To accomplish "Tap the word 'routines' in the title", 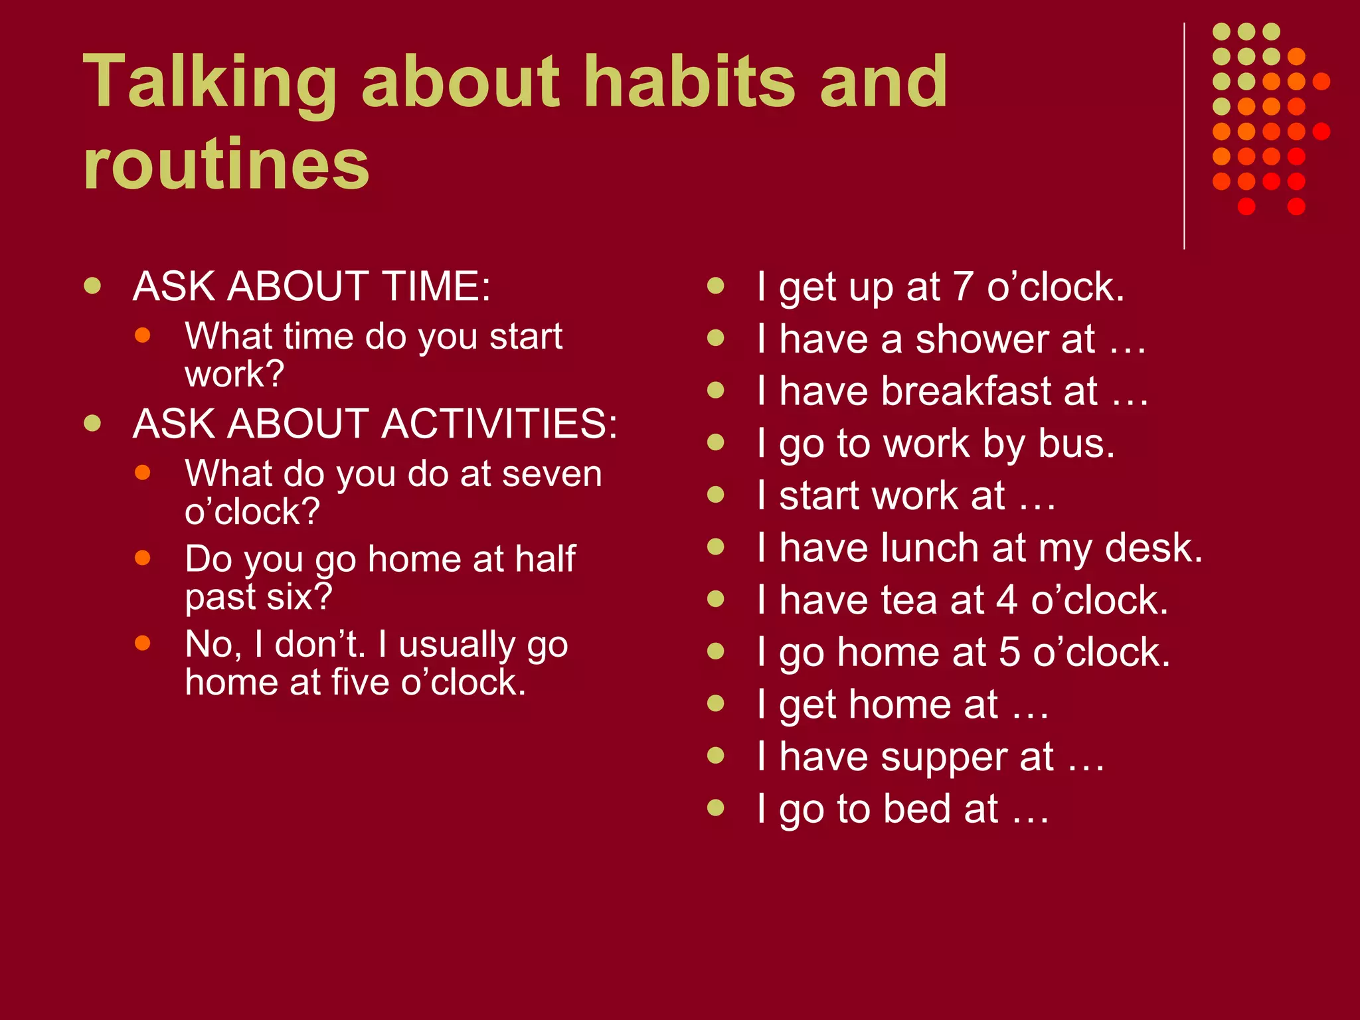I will pyautogui.click(x=226, y=164).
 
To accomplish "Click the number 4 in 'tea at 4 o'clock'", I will pyautogui.click(x=1007, y=600).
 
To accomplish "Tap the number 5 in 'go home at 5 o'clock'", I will pyautogui.click(x=1009, y=652).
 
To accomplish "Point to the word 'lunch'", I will pyautogui.click(x=930, y=549).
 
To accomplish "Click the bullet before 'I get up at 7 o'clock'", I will pyautogui.click(x=715, y=286).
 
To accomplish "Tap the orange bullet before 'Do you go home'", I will pyautogui.click(x=142, y=557).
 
